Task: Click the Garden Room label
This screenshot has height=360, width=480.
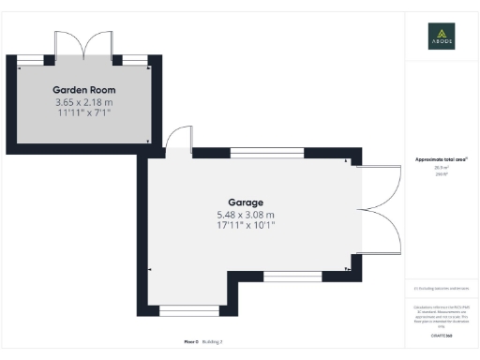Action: tap(83, 89)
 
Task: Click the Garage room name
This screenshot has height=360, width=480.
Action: tap(246, 202)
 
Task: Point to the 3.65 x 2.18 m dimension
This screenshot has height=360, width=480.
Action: tap(83, 101)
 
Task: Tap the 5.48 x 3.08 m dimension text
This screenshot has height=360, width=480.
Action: tap(246, 214)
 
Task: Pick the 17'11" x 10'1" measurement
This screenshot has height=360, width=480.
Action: tap(246, 226)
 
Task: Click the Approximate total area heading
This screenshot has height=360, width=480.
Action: tap(441, 160)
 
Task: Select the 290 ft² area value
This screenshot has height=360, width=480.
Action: tap(441, 174)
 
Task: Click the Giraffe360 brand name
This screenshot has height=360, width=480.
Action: tap(441, 335)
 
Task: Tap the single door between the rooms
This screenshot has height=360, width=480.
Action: tap(176, 142)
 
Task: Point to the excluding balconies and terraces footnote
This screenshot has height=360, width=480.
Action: tap(441, 289)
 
